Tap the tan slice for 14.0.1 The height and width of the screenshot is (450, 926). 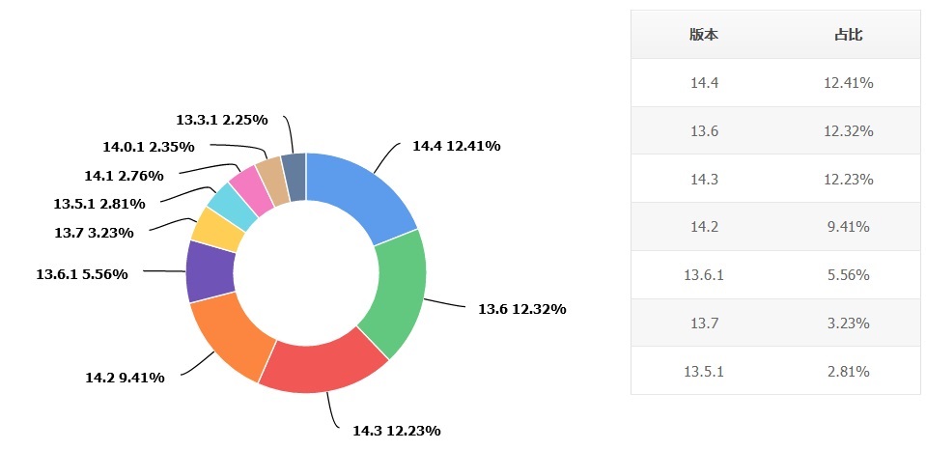pyautogui.click(x=272, y=180)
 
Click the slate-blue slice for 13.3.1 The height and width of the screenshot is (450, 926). pyautogui.click(x=295, y=176)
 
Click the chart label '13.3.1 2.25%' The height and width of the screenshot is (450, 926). pyautogui.click(x=222, y=120)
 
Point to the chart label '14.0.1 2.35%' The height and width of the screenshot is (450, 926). pyautogui.click(x=149, y=147)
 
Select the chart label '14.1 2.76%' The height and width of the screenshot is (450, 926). pyautogui.click(x=124, y=176)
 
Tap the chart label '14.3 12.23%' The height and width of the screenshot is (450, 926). pyautogui.click(x=397, y=431)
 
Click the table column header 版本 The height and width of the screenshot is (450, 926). pyautogui.click(x=704, y=34)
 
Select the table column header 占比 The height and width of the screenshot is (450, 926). pyautogui.click(x=849, y=34)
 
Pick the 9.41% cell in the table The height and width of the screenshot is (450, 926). pyautogui.click(x=849, y=227)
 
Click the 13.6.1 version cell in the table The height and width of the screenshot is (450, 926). pyautogui.click(x=704, y=275)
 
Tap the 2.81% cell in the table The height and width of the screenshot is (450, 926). pyautogui.click(x=849, y=372)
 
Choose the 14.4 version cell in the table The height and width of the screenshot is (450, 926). pyautogui.click(x=704, y=83)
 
